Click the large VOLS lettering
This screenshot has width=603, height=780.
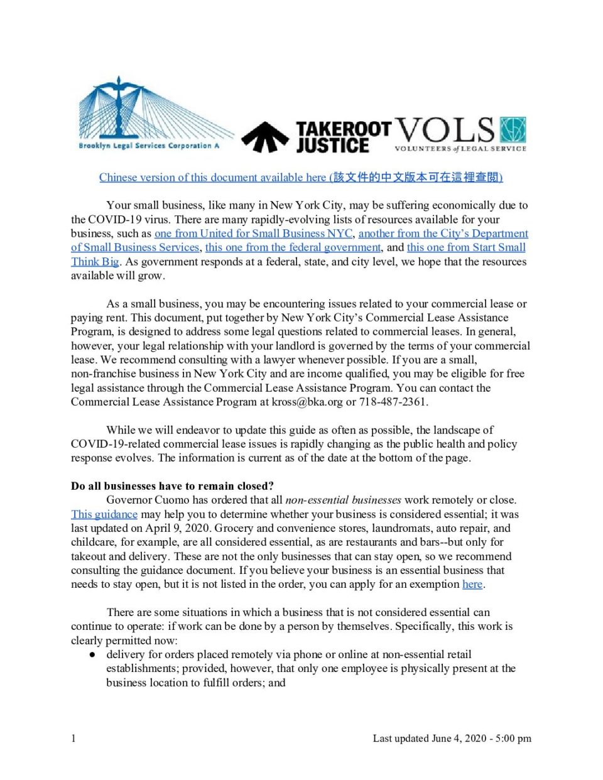445,130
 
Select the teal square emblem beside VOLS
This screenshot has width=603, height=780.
513,130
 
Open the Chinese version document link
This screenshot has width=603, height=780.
301,177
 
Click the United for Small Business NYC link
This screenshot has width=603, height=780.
253,233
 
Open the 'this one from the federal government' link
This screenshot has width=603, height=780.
293,247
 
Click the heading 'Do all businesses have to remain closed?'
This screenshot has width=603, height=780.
172,486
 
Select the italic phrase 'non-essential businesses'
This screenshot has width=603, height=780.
343,500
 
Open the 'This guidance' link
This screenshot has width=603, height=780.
104,514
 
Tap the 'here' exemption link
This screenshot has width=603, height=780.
472,584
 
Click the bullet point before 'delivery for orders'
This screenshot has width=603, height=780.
92,654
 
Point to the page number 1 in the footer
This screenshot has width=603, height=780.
73,738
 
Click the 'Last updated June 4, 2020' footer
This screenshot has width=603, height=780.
452,738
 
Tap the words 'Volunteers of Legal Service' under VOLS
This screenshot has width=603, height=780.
460,149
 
